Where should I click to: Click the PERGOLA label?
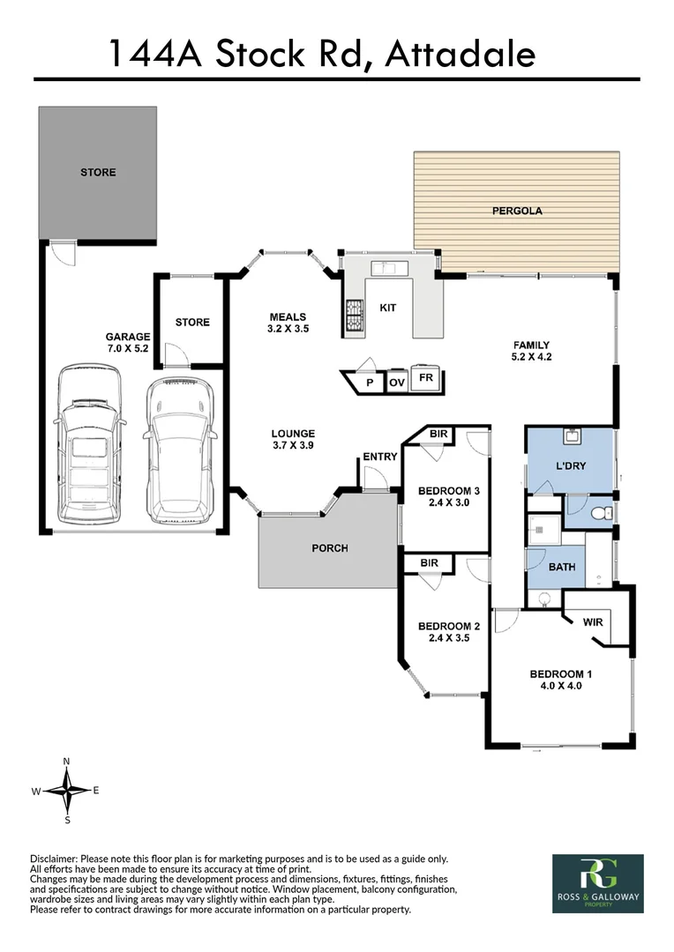(x=516, y=212)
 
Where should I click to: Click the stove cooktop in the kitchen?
(x=355, y=316)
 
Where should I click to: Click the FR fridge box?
(x=426, y=377)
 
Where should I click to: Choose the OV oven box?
(x=397, y=383)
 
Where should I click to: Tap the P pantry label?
(x=371, y=383)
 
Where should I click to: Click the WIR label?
(x=593, y=621)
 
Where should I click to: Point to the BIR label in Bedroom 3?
(x=438, y=435)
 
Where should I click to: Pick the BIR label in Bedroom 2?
(x=430, y=562)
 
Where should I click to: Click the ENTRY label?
(x=379, y=457)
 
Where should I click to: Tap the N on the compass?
(x=67, y=761)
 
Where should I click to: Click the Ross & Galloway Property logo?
(x=597, y=883)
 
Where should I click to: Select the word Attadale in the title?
(x=460, y=54)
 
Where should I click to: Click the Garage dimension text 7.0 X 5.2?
(x=128, y=350)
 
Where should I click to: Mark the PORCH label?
(x=330, y=548)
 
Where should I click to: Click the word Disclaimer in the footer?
(x=55, y=859)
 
